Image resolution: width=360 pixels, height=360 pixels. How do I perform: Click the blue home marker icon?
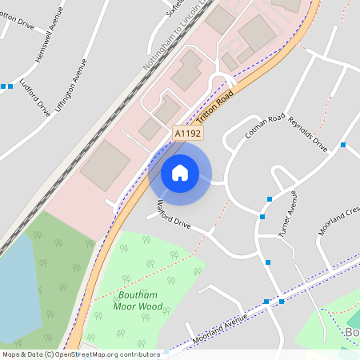pos(180,173)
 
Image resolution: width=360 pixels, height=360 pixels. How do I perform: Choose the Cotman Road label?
pos(266,126)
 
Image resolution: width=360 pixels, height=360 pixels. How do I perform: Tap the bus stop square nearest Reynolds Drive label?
pos(342,145)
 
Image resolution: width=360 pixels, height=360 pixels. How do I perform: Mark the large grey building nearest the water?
pos(104,166)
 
